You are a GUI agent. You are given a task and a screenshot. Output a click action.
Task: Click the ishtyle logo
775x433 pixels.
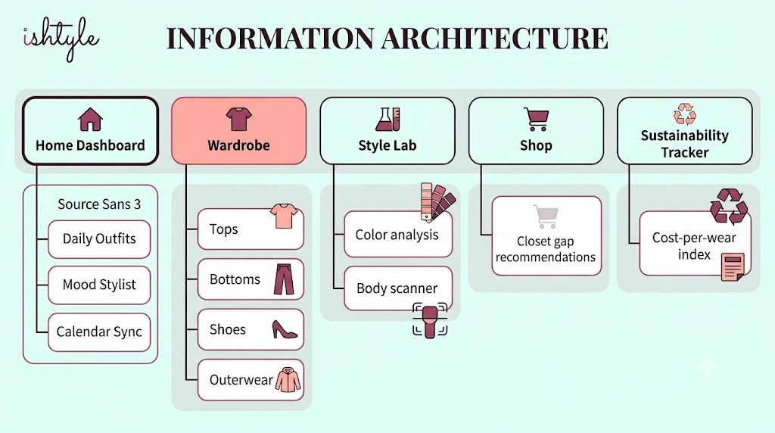[61, 39]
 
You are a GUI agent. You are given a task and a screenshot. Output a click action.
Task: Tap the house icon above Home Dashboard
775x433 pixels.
[91, 120]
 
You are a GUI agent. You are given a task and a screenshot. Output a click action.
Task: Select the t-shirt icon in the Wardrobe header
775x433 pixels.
[238, 119]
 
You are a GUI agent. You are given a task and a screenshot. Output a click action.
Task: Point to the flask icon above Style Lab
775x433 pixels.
[387, 119]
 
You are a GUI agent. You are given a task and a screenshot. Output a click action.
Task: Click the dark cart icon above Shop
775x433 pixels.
[537, 119]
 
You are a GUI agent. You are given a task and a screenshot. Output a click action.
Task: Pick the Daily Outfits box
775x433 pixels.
[99, 239]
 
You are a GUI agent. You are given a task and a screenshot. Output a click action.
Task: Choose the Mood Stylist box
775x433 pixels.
[99, 285]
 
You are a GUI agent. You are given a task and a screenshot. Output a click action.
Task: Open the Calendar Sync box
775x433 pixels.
[99, 332]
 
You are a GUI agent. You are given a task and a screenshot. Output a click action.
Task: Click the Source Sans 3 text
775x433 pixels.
[99, 204]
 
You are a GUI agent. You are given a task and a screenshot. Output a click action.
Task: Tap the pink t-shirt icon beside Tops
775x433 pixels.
[284, 216]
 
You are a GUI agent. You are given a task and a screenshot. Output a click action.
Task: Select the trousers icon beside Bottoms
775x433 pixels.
[285, 279]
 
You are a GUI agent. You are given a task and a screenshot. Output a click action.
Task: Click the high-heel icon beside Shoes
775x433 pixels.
[285, 329]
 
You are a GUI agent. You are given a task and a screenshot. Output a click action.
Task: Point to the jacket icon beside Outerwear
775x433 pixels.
[288, 379]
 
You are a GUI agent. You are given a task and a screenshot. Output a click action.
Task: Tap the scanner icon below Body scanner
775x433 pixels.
[430, 321]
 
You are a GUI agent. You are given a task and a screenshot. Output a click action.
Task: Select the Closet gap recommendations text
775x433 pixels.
[546, 249]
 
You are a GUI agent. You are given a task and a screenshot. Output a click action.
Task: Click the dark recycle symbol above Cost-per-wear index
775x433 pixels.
[729, 206]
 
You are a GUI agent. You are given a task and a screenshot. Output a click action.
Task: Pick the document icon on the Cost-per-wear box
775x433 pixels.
[733, 266]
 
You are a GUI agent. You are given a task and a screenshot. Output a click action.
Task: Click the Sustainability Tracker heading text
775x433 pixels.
[685, 144]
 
